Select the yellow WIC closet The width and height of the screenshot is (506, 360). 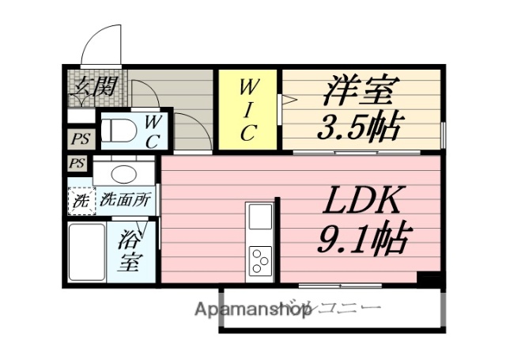tap(248, 108)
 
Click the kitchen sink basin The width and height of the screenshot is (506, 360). tap(259, 216)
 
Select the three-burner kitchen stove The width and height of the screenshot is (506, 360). tap(260, 260)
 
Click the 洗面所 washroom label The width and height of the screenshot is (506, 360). tap(124, 200)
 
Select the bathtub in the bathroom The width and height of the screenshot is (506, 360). tap(87, 251)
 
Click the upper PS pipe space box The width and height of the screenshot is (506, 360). tap(78, 139)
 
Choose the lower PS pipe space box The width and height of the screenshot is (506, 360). tap(77, 164)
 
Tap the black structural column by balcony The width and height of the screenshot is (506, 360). tap(428, 279)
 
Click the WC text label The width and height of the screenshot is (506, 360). tap(155, 131)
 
